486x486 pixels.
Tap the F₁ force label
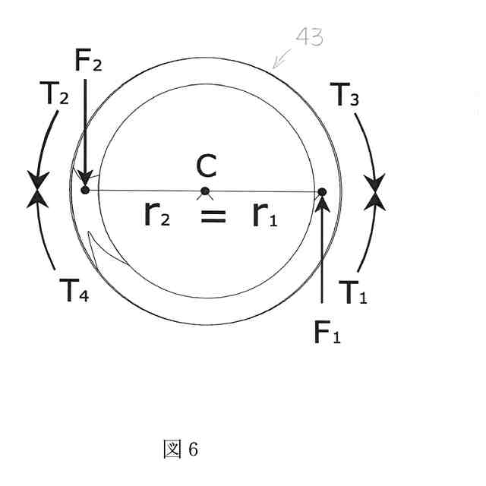tap(327, 332)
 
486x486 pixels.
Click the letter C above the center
tap(206, 165)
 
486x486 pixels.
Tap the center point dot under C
tap(205, 191)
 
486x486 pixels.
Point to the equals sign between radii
tap(213, 216)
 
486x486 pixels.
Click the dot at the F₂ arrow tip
tap(85, 189)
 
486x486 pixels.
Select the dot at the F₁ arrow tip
tap(322, 192)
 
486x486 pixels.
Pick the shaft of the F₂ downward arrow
tap(85, 121)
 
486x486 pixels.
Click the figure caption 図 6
tap(181, 450)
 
